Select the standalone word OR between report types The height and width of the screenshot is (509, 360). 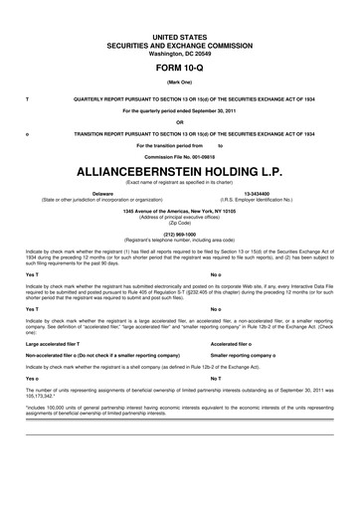point(180,122)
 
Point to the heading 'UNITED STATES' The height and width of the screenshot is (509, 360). point(180,35)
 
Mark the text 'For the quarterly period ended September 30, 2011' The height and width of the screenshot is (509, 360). point(180,110)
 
